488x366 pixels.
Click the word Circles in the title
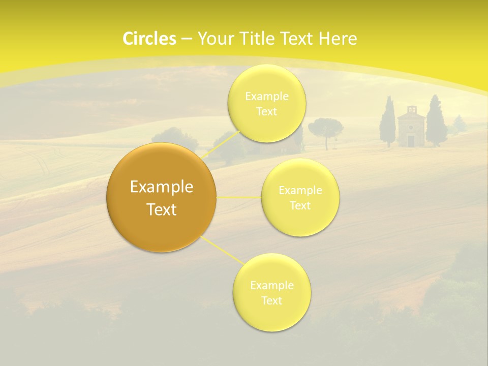[x=149, y=39]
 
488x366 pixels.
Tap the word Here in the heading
[x=338, y=39]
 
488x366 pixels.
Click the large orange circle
[x=162, y=198]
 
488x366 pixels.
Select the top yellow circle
[x=266, y=103]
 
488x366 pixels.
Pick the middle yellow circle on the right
[x=300, y=197]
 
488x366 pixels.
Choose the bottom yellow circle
[x=271, y=292]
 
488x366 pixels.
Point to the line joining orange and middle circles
[x=239, y=197]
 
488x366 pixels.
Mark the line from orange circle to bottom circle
[x=222, y=250]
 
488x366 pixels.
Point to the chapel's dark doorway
[x=411, y=141]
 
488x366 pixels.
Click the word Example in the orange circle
[x=162, y=187]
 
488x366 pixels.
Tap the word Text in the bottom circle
[x=271, y=300]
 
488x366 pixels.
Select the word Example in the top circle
[x=266, y=96]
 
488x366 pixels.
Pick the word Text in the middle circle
[x=300, y=205]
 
